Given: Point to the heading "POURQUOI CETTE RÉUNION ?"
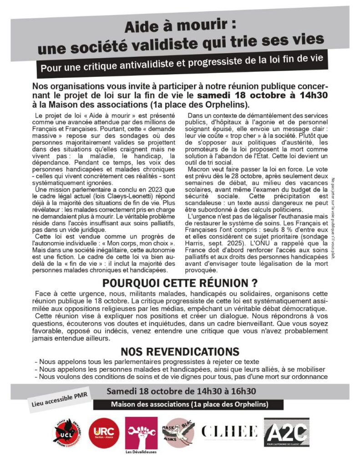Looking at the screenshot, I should [180, 283].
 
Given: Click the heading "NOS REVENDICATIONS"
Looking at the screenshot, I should [180, 351].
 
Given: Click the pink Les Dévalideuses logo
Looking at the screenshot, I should [141, 432].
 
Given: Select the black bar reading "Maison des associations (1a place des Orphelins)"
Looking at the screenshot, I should [188, 404].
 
